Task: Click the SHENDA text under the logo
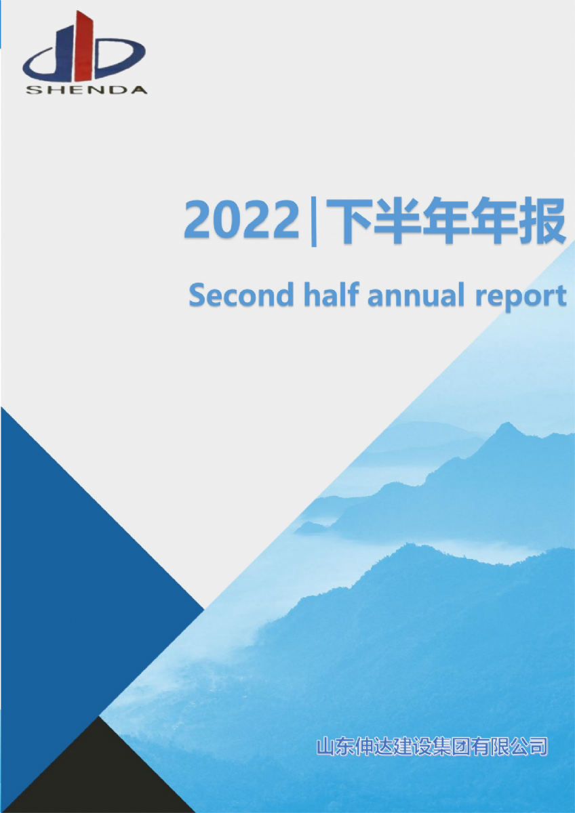85,89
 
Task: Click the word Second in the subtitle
241,296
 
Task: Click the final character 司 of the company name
538,747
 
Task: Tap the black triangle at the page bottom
102,779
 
